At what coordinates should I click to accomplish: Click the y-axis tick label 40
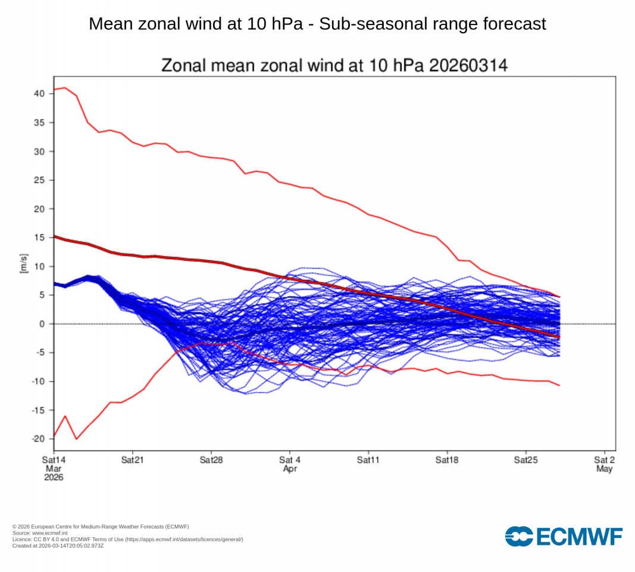39,94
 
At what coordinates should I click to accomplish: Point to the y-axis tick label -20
38,439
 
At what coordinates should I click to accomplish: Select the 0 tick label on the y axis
42,324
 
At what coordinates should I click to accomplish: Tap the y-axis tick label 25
39,180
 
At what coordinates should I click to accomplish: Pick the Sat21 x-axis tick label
132,461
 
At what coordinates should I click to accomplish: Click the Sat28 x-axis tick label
211,461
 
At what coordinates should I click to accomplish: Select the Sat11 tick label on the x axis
368,461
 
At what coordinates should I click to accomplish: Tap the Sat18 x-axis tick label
447,461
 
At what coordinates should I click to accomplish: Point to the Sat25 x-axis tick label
525,461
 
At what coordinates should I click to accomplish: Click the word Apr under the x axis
290,469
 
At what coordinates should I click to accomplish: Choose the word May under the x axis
604,469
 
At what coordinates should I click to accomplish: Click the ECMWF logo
564,536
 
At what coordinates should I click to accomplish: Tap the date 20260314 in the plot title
468,66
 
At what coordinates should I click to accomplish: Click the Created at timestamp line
58,545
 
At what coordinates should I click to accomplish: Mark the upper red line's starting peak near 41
65,88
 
